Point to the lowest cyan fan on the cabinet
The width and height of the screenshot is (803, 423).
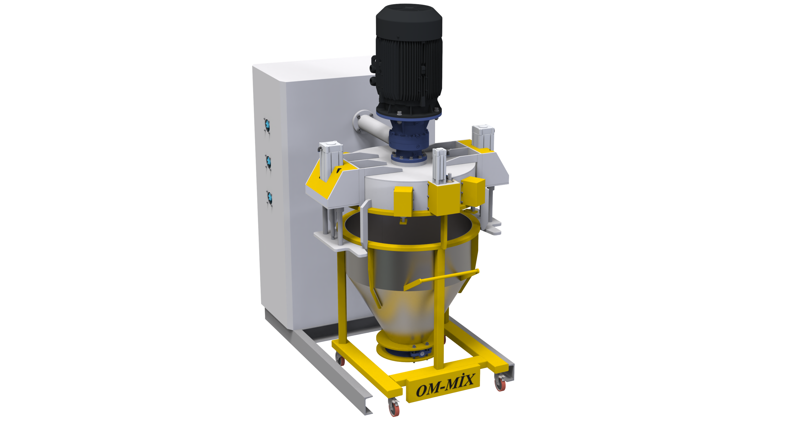270,198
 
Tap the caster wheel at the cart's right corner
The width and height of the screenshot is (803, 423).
500,383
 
